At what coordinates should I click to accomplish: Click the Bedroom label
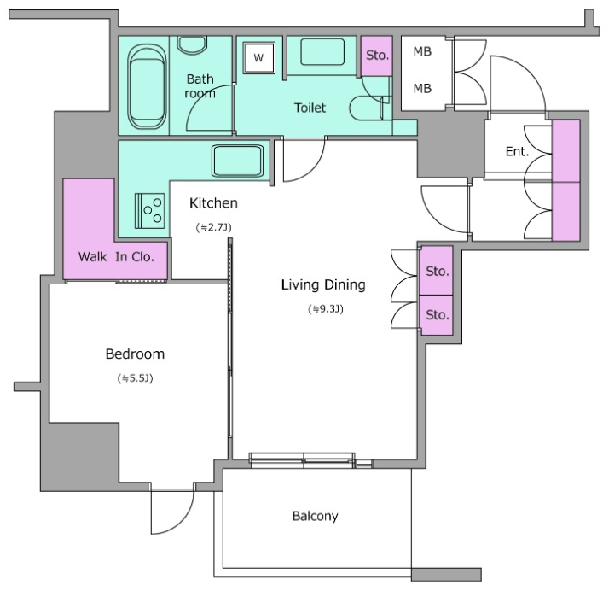click(135, 354)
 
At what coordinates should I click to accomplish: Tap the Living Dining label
click(323, 284)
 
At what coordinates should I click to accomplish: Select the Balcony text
click(315, 516)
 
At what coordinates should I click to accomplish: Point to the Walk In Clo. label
click(116, 256)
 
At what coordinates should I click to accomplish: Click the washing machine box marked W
click(258, 57)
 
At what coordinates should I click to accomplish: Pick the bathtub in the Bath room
click(147, 86)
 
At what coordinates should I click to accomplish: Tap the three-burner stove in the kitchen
click(149, 211)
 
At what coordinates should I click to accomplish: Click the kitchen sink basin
click(237, 161)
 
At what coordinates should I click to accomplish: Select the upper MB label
click(422, 51)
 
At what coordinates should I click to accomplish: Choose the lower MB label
click(422, 89)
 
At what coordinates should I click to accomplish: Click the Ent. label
click(518, 151)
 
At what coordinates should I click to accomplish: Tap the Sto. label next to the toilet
click(377, 56)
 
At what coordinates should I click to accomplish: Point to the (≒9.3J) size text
click(326, 309)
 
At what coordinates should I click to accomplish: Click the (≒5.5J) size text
click(135, 378)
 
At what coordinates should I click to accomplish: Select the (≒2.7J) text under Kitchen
click(213, 227)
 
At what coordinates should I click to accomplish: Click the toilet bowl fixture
click(366, 108)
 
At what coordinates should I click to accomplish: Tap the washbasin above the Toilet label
click(322, 52)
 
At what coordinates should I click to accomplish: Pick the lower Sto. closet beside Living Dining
click(437, 315)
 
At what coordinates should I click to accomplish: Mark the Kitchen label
click(213, 203)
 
